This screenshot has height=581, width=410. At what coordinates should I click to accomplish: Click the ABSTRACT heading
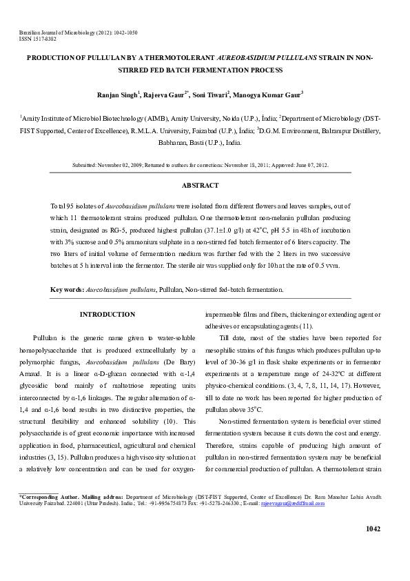coord(200,186)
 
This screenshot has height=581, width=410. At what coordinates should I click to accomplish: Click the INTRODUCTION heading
coord(107,315)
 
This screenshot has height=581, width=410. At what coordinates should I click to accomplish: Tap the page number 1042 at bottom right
coord(372,529)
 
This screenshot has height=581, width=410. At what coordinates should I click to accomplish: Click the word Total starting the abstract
coord(61,207)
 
